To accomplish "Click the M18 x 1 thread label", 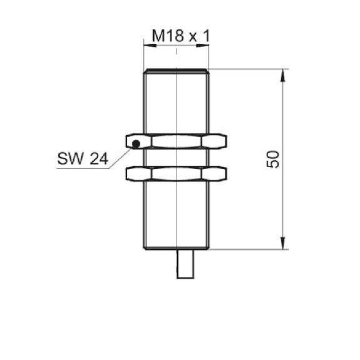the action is [181, 36].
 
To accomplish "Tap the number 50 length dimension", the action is [273, 159].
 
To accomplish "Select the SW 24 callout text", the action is [83, 158].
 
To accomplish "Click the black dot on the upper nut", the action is [136, 144].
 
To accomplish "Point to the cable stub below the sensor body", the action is [185, 264].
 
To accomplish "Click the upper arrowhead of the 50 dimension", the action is [283, 75].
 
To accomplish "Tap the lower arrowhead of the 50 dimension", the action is [283, 243].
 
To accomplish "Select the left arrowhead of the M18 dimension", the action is [150, 45].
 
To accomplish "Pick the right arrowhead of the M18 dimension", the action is [202, 45].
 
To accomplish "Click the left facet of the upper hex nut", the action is [138, 141].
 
